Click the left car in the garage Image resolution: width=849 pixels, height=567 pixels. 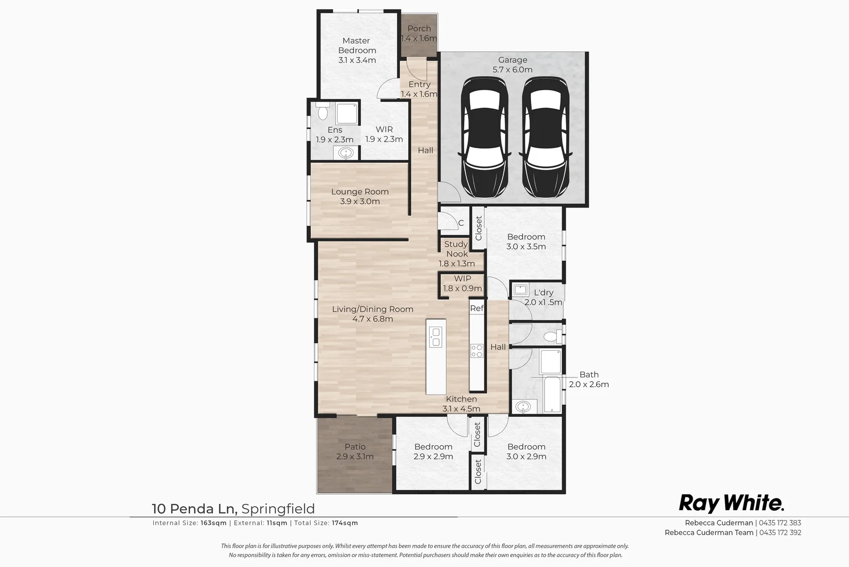click(484, 138)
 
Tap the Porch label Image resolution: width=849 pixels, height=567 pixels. click(419, 29)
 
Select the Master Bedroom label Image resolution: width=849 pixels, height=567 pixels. click(357, 46)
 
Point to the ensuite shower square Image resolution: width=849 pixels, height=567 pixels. click(347, 114)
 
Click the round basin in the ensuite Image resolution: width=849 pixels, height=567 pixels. click(346, 153)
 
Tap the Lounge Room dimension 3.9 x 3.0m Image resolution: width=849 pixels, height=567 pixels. click(359, 202)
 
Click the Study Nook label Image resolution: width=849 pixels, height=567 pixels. click(456, 249)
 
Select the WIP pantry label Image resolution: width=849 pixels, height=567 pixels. click(462, 279)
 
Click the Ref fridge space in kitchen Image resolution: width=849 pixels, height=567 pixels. click(476, 308)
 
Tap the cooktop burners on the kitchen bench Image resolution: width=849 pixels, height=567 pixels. click(476, 351)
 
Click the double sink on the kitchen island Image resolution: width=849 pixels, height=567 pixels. click(436, 337)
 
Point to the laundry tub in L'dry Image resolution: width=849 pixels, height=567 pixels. click(521, 289)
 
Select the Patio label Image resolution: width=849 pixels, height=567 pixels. click(355, 447)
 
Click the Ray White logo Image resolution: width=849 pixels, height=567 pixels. click(731, 503)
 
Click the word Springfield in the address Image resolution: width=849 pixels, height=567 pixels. click(278, 509)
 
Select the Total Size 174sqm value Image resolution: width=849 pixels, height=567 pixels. click(345, 523)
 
